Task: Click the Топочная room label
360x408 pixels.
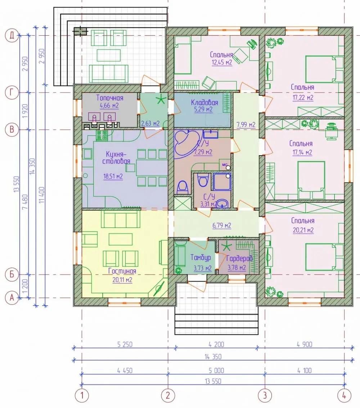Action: (110, 98)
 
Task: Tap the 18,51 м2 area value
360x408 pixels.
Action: (113, 176)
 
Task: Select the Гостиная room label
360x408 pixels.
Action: (122, 271)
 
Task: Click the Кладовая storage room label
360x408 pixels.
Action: (204, 102)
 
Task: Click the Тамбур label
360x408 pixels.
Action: (201, 257)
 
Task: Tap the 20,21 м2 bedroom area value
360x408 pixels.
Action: (303, 230)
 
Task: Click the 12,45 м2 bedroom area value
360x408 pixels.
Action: (222, 62)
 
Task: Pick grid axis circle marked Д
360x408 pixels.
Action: (12, 35)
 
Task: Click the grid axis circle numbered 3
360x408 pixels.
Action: (265, 395)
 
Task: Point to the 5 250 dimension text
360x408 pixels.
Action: (125, 344)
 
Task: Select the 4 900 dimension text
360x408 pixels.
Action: (304, 344)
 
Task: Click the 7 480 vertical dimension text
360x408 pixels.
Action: (25, 202)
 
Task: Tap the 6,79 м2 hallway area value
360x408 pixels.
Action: (222, 225)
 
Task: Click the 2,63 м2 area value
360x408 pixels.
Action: (150, 124)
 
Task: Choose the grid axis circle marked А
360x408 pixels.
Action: (12, 298)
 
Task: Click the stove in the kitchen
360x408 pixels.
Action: (102, 135)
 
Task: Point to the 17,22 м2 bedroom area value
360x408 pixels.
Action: (303, 98)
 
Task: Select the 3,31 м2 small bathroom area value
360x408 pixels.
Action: (208, 204)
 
